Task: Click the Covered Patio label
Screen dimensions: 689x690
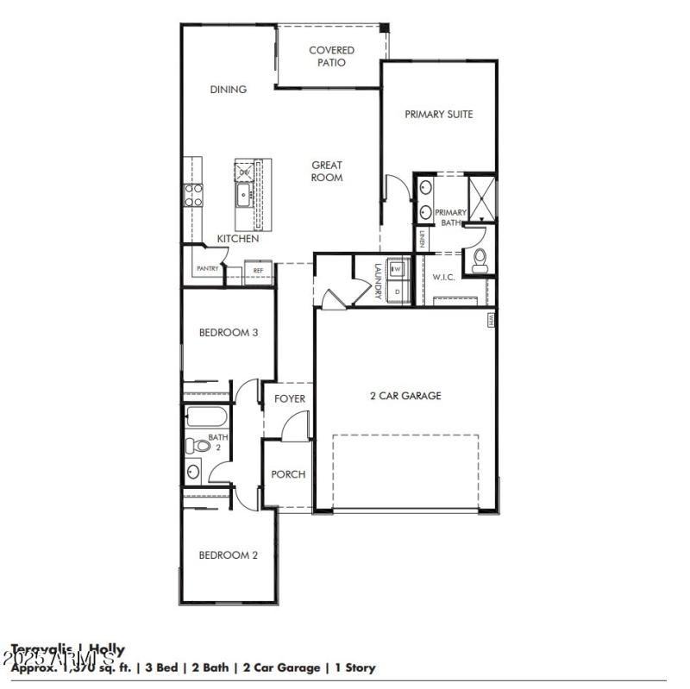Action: tap(331, 56)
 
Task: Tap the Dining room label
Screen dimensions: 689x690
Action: tap(229, 89)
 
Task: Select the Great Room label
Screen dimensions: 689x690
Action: tap(327, 171)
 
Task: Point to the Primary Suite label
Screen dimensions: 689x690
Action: tap(439, 114)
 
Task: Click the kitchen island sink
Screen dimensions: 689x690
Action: tap(244, 196)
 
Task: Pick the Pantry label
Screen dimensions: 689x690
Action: tap(207, 269)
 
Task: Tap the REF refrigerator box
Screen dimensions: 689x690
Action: tap(258, 271)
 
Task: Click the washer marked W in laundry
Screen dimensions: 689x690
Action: tap(397, 269)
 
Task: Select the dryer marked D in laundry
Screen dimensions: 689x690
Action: tap(397, 291)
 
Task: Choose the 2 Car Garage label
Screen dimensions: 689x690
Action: tap(405, 396)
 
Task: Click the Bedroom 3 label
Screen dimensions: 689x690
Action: tap(229, 332)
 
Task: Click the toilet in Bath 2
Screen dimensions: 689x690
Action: tap(197, 446)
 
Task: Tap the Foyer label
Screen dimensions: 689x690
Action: tap(289, 398)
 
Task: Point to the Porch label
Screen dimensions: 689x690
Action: tap(288, 474)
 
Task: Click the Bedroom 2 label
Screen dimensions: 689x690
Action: tap(229, 555)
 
